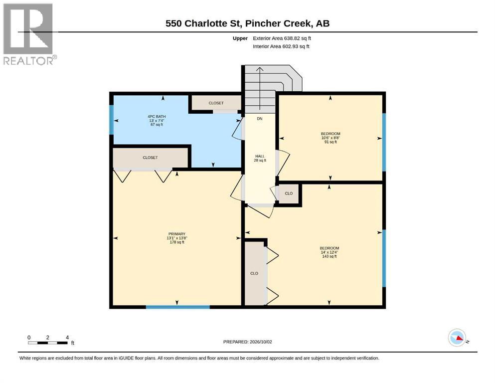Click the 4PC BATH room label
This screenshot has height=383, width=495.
pyautogui.click(x=157, y=121)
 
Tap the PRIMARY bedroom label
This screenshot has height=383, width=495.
pyautogui.click(x=177, y=238)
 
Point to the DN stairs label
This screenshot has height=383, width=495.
pyautogui.click(x=260, y=119)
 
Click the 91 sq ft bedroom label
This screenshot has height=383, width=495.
pyautogui.click(x=330, y=138)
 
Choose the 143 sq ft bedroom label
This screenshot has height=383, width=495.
pyautogui.click(x=330, y=252)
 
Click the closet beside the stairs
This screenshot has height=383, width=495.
pyautogui.click(x=216, y=103)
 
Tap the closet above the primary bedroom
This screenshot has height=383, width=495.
pyautogui.click(x=150, y=158)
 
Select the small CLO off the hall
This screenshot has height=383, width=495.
pyautogui.click(x=289, y=193)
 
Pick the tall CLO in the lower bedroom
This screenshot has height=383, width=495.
pyautogui.click(x=254, y=273)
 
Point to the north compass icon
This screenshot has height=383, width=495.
pyautogui.click(x=457, y=338)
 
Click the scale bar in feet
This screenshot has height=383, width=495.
pyautogui.click(x=48, y=343)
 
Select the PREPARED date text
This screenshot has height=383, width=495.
pyautogui.click(x=247, y=342)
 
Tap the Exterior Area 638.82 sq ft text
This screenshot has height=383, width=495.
pyautogui.click(x=282, y=38)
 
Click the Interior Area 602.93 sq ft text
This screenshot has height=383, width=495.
pyautogui.click(x=281, y=46)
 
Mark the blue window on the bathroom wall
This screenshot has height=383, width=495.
pyautogui.click(x=111, y=120)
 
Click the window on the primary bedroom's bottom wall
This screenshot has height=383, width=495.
pyautogui.click(x=178, y=307)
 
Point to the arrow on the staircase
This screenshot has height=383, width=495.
pyautogui.click(x=260, y=89)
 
